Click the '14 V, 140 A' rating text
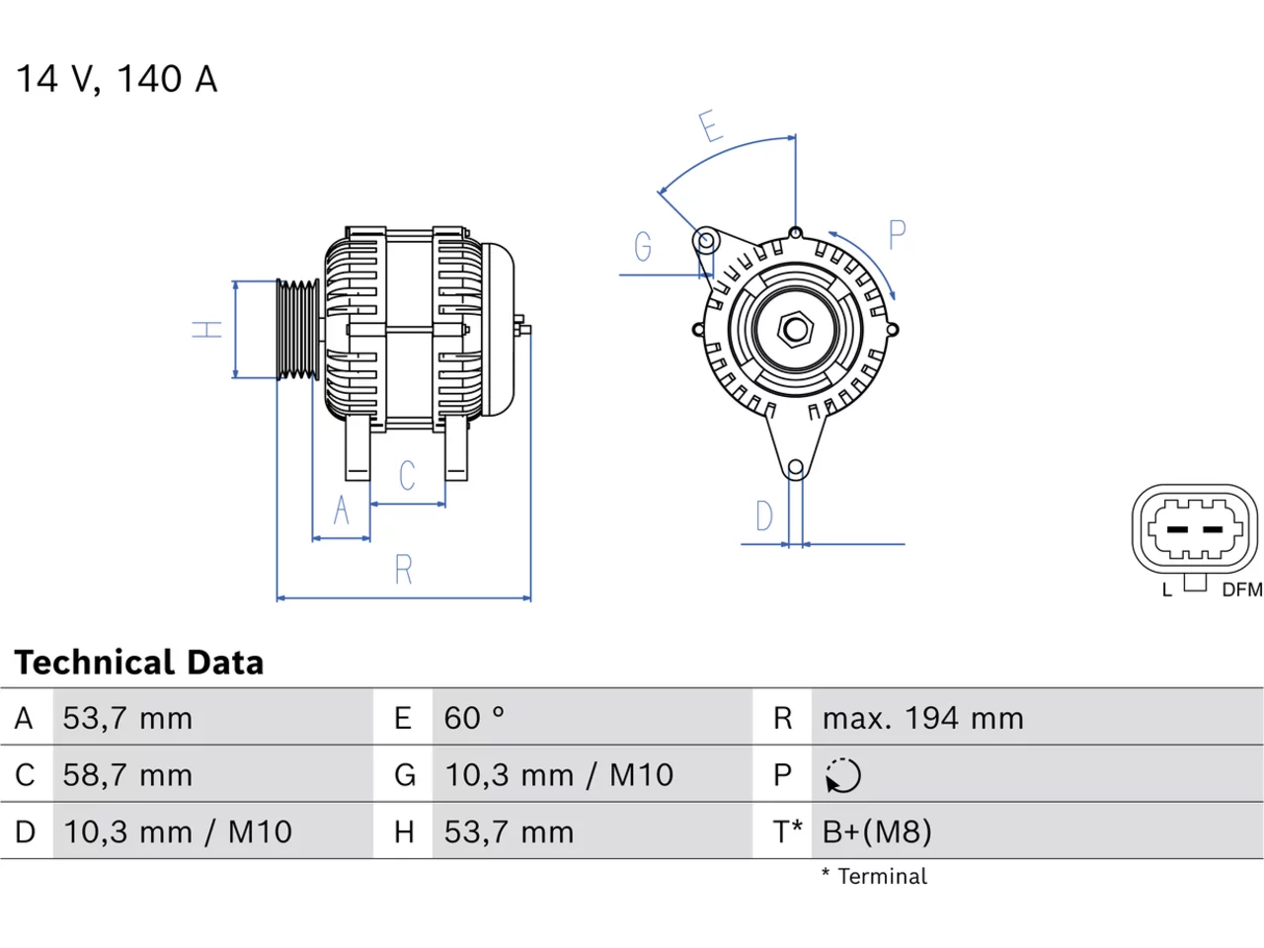coord(117,78)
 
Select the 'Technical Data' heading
coord(139,662)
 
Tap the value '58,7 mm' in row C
coord(127,775)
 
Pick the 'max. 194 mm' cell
coord(923,718)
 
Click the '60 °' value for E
coord(473,718)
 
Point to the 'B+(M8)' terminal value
coord(877,831)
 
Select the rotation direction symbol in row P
coord(842,775)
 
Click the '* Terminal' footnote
coord(874,877)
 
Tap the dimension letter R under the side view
coord(404,570)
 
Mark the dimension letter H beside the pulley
coord(206,330)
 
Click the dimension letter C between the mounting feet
coord(407,475)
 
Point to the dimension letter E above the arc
coord(711,125)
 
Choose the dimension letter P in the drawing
coord(898,235)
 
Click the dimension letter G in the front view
coord(643,246)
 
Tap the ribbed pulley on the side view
coord(297,330)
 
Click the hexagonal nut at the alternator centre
coord(795,330)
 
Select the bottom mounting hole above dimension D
coord(795,467)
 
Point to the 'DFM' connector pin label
coord(1242,590)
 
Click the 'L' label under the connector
coord(1166,590)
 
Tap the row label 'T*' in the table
coord(787,831)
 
